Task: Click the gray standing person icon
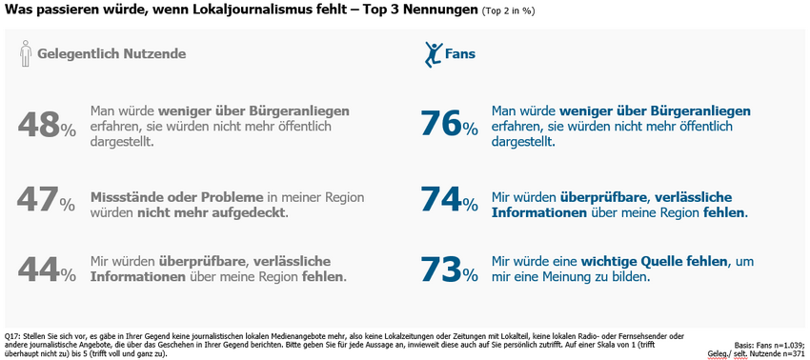tap(26, 54)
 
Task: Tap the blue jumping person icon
tap(432, 53)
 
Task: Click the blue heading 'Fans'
tap(460, 54)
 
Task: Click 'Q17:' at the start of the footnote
tap(14, 336)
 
